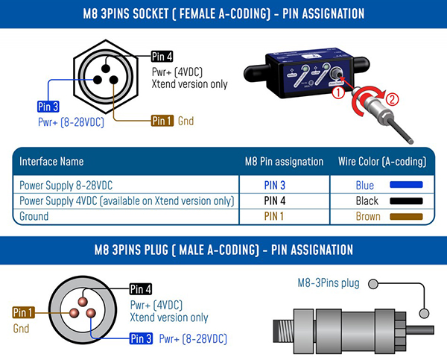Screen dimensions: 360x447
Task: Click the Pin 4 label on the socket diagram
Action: tap(162, 56)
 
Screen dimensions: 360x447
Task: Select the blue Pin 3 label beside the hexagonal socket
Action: tap(48, 107)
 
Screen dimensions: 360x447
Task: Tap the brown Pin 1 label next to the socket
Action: tap(162, 121)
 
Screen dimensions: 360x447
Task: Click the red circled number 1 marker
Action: tap(337, 93)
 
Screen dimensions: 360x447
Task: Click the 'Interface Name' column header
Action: tap(51, 161)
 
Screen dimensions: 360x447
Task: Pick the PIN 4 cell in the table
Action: tap(283, 200)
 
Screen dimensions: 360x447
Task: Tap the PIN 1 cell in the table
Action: tap(283, 216)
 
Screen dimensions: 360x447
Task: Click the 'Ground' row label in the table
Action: tap(34, 216)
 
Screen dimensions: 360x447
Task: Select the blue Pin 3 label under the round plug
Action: tap(141, 339)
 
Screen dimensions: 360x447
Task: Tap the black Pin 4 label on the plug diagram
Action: tap(141, 289)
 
